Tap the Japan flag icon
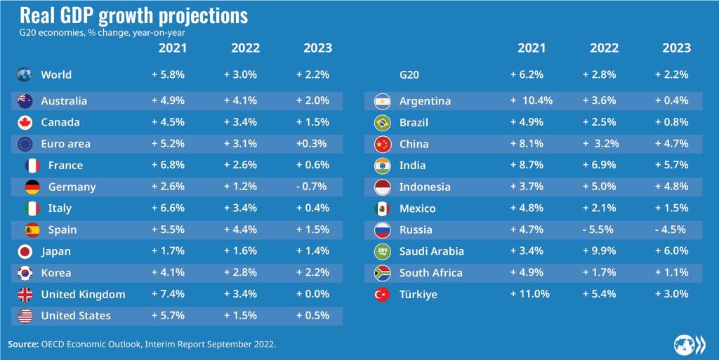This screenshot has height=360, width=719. click(x=25, y=251)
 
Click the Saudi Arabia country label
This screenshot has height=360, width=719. click(x=431, y=251)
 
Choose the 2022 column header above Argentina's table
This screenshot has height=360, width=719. click(x=604, y=48)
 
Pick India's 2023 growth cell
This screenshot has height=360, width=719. click(x=671, y=166)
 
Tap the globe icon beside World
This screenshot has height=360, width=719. click(x=25, y=74)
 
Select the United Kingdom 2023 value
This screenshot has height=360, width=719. click(x=313, y=294)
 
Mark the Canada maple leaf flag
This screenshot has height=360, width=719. click(x=25, y=122)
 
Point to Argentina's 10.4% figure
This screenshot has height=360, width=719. click(x=532, y=101)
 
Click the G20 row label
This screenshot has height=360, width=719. click(x=409, y=74)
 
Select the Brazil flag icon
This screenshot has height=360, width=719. click(x=383, y=123)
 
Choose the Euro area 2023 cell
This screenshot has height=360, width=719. click(x=313, y=144)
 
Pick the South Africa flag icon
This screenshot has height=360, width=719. click(x=383, y=273)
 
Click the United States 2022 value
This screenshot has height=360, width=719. click(x=242, y=316)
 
